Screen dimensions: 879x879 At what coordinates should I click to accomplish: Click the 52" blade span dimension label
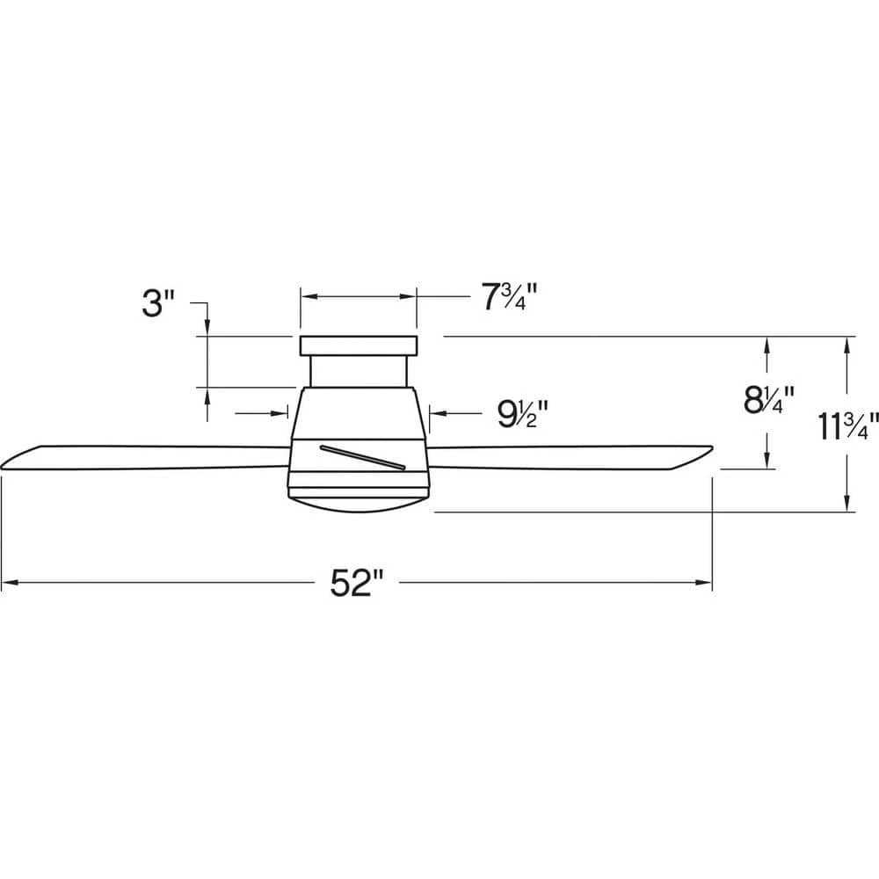pos(356,583)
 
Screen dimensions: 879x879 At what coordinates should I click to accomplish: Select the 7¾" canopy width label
pos(510,296)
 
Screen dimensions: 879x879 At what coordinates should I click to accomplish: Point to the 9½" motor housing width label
pos(522,414)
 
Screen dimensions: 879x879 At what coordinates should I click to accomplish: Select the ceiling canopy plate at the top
pos(359,345)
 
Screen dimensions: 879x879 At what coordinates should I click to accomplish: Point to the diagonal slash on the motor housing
pos(362,456)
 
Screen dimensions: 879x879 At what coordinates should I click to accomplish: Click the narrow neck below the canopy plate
pos(359,371)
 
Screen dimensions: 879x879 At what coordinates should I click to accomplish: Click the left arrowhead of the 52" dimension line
pos(10,583)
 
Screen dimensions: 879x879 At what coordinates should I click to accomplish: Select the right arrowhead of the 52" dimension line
pos(703,583)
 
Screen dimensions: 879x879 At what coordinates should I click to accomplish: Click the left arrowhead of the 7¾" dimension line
pos(309,296)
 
